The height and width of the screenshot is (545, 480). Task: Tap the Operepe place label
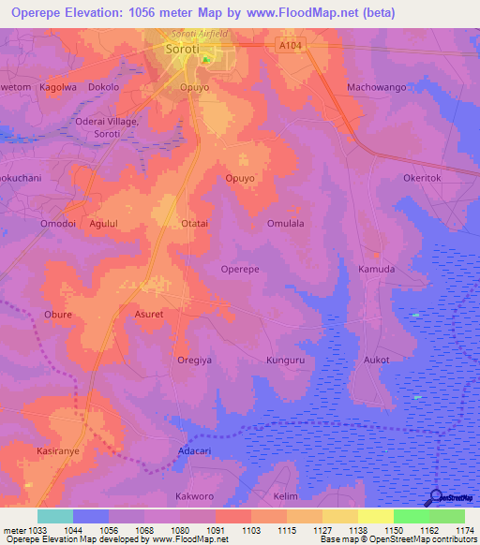pos(240,269)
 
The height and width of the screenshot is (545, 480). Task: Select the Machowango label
pos(376,87)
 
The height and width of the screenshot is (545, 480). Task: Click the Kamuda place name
pos(377,269)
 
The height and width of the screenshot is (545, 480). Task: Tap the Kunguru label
pos(286,360)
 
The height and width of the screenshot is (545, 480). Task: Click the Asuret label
pos(150,315)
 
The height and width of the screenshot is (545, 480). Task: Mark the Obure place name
pos(58,315)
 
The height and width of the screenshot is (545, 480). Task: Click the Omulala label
pos(285,224)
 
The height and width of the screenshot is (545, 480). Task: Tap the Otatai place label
pos(194,224)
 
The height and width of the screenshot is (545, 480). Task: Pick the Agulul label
pos(104,224)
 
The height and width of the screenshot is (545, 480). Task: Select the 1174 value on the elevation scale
pos(465,531)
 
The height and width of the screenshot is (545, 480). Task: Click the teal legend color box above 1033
pos(54,516)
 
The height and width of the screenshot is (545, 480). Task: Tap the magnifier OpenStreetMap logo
pos(434,497)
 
